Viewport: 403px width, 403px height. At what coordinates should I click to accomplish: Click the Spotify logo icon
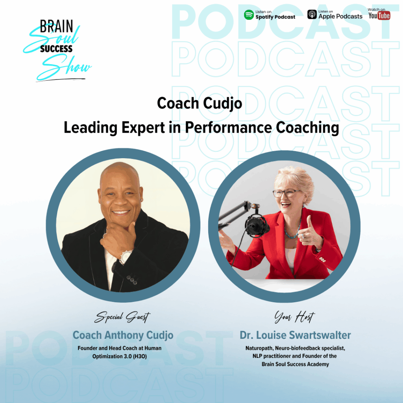249,15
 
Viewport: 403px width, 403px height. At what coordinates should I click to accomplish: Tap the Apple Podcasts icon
312,15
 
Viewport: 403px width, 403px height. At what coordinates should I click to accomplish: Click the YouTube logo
379,16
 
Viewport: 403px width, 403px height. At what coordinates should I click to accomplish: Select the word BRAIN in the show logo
56,26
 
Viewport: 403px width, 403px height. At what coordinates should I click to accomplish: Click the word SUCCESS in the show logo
56,48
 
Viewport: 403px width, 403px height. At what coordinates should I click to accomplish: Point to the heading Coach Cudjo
200,104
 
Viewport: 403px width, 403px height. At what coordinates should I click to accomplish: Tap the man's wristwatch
126,257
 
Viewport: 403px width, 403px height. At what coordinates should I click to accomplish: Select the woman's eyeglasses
286,193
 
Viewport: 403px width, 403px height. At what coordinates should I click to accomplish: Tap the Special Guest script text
122,317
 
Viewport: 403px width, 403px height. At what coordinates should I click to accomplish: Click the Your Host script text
294,317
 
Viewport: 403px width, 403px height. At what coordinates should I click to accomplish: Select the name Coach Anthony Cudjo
123,335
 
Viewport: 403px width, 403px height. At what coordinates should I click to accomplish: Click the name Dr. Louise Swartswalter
295,335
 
